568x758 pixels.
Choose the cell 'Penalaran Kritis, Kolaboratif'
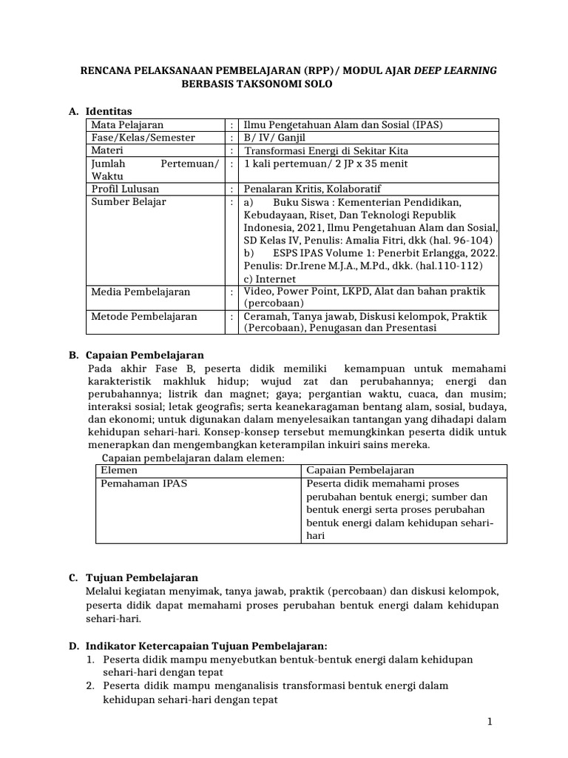[x=318, y=189]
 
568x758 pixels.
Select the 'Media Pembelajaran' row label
[x=140, y=292]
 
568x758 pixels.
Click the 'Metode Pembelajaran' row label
[x=143, y=317]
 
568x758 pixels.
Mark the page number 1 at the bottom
[x=490, y=721]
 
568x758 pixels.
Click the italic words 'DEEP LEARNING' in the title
[x=455, y=70]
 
